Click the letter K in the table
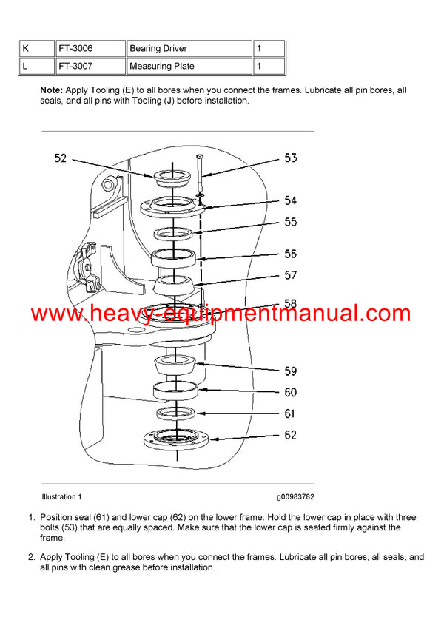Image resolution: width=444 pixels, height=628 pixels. coord(26,49)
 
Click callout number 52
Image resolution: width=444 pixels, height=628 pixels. coord(61,158)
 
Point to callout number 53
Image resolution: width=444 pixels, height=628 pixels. coord(291,158)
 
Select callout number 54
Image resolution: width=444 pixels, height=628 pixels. coord(291,200)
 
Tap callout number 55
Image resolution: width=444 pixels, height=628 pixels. coord(291,222)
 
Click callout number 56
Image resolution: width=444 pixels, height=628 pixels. coord(291,254)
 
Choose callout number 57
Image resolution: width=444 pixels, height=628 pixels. coord(291,275)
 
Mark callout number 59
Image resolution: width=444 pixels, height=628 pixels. coord(291,371)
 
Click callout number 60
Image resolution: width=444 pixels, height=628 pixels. coord(291,392)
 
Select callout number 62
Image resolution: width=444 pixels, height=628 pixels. coord(291,435)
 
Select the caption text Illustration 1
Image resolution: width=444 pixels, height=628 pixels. coord(61,496)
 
